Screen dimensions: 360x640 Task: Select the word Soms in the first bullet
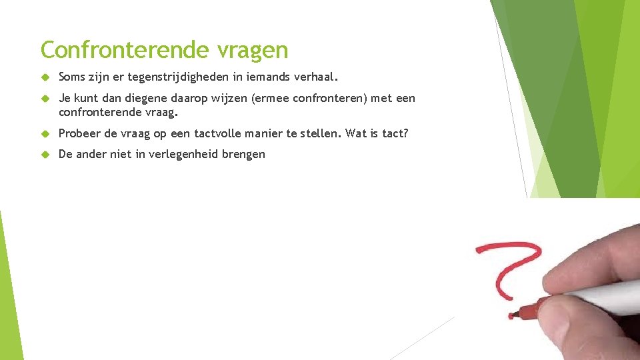(x=72, y=77)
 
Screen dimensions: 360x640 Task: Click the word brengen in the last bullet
(x=245, y=155)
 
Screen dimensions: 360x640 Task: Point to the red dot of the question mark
(x=511, y=315)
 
